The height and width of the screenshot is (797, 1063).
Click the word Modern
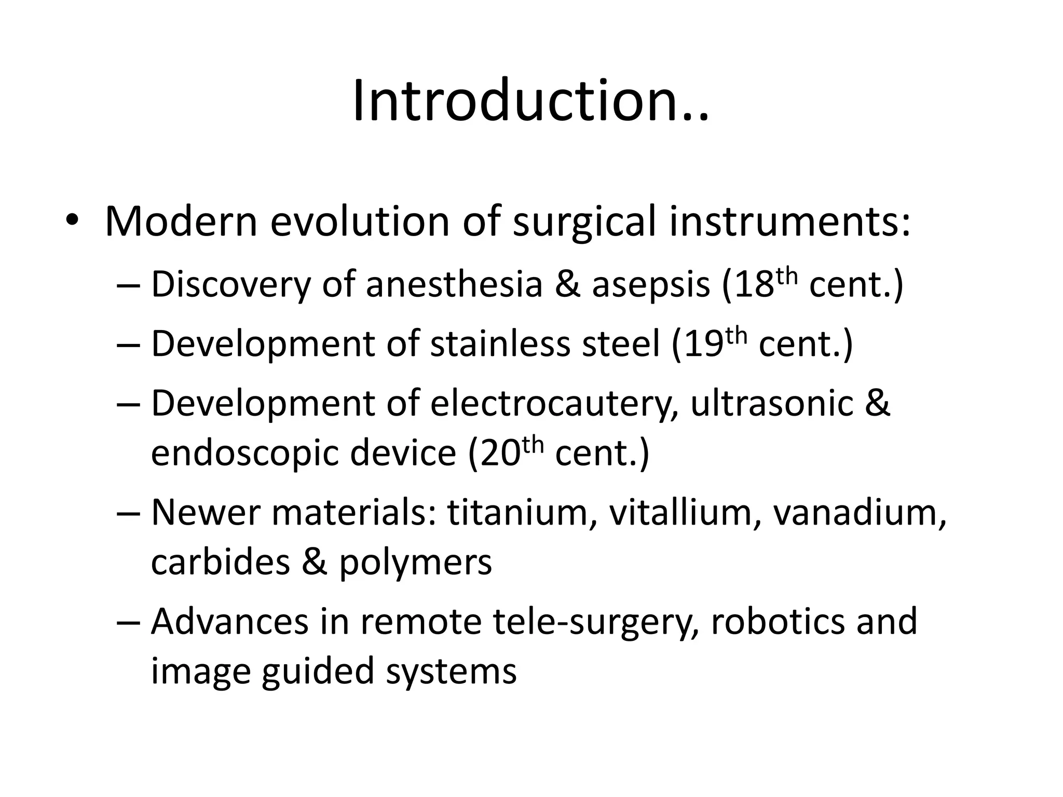181,222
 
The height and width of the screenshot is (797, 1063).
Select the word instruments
789,222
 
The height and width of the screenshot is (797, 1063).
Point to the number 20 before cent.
501,452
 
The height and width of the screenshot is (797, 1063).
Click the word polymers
415,562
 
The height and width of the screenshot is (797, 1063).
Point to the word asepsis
651,285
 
